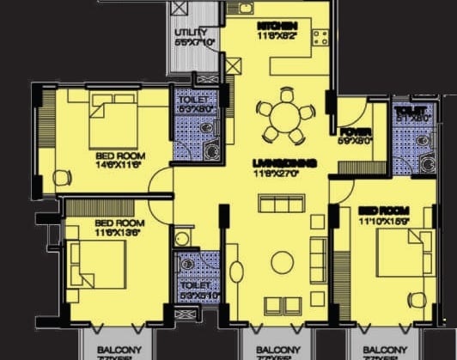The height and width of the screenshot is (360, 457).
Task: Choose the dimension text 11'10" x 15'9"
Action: pos(384,220)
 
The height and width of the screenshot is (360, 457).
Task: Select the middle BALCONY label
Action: pos(278,349)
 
